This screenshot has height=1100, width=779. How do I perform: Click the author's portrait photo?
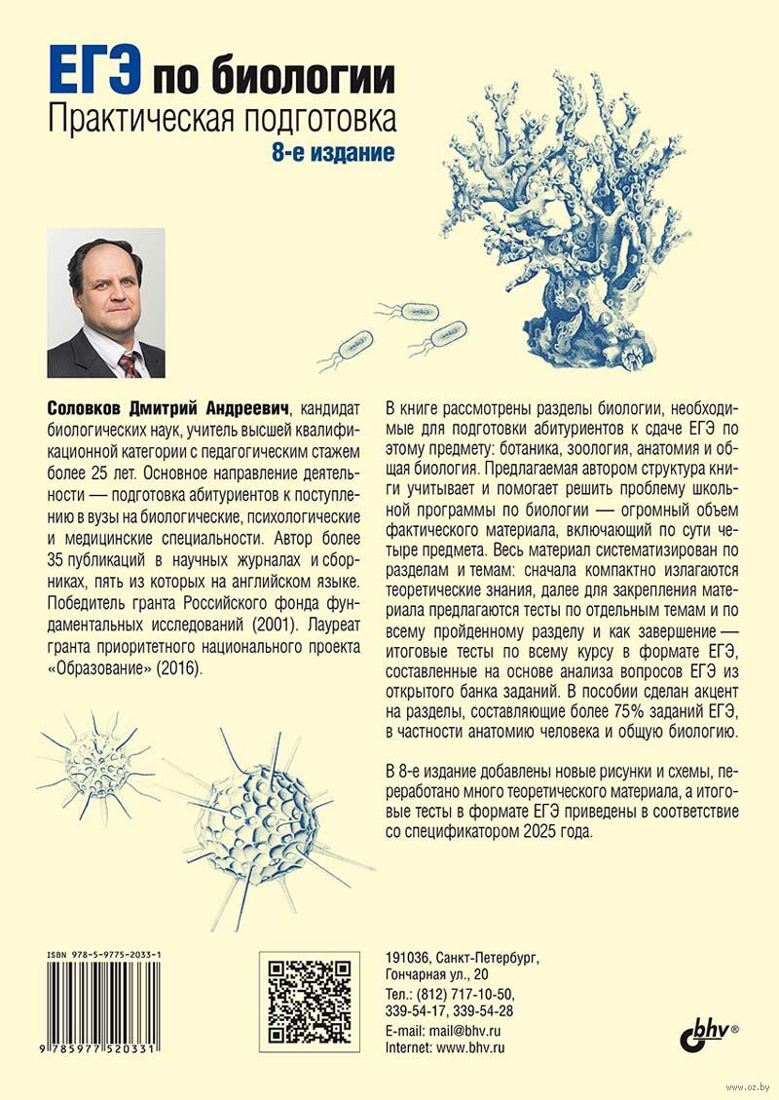click(x=105, y=303)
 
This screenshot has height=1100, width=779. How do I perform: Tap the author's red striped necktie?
click(x=129, y=363)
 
